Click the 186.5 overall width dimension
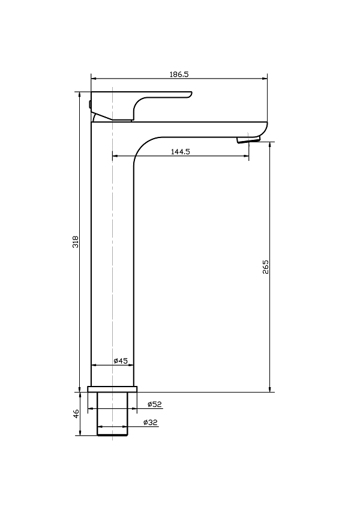[179, 74]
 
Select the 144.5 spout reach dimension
[181, 152]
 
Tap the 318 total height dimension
[76, 242]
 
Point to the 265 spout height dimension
[266, 267]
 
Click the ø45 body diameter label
[121, 361]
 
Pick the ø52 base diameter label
[155, 404]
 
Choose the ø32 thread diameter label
[151, 423]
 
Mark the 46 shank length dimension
[76, 414]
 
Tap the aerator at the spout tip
[248, 140]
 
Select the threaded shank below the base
[112, 414]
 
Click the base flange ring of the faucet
[112, 389]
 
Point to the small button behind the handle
[89, 104]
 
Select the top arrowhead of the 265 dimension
[270, 145]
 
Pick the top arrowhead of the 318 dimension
[80, 95]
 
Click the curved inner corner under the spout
[142, 145]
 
